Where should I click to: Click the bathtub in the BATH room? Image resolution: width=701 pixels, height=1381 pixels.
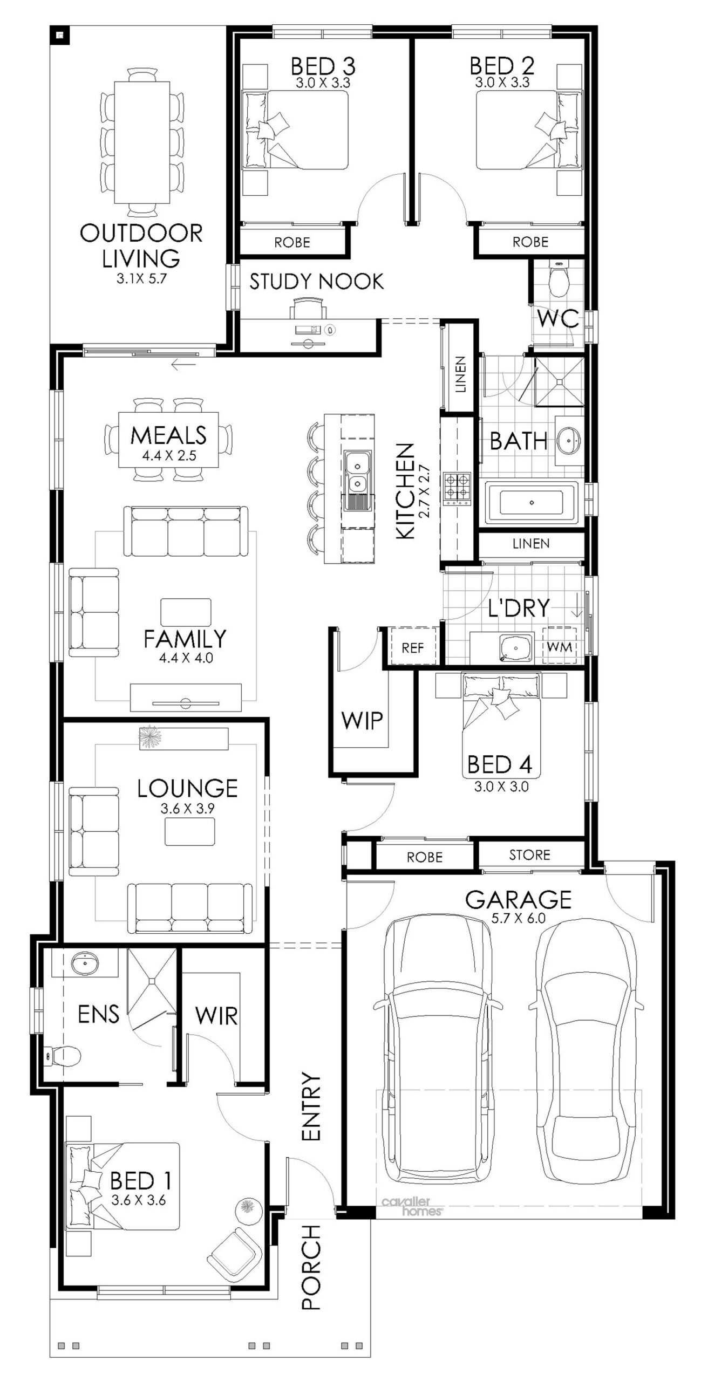[532, 503]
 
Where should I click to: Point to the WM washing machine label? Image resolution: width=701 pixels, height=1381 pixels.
[560, 647]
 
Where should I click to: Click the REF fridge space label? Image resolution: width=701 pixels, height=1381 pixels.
[413, 648]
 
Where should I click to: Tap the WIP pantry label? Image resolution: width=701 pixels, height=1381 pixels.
[362, 720]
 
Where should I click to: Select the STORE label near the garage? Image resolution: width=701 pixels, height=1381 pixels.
[530, 855]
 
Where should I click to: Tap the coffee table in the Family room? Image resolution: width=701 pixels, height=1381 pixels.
[186, 613]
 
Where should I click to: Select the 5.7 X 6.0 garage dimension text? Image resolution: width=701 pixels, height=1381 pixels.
[518, 918]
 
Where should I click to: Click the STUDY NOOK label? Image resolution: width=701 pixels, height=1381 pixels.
[316, 282]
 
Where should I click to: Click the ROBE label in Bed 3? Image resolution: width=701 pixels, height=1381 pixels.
[292, 242]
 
